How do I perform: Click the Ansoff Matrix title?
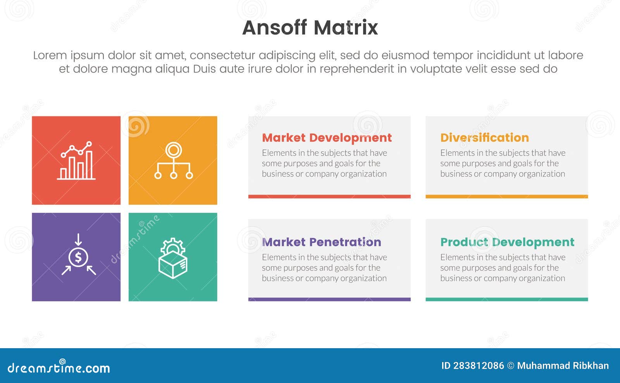[x=310, y=27]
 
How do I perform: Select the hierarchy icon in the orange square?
[x=173, y=161]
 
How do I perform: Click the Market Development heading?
[x=327, y=138]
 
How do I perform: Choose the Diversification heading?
[x=484, y=138]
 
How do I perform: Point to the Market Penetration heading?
[x=321, y=242]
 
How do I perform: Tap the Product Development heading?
[x=507, y=242]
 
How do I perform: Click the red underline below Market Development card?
[x=329, y=197]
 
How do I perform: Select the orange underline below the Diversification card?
[x=506, y=197]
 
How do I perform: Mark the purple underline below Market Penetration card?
[x=329, y=299]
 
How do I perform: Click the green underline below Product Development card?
[x=506, y=299]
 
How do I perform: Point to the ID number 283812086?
[x=478, y=366]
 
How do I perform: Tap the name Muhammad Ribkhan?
[x=563, y=366]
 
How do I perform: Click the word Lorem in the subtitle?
[x=50, y=55]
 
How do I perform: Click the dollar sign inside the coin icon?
[x=78, y=257]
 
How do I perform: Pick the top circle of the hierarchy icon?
[x=173, y=149]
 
